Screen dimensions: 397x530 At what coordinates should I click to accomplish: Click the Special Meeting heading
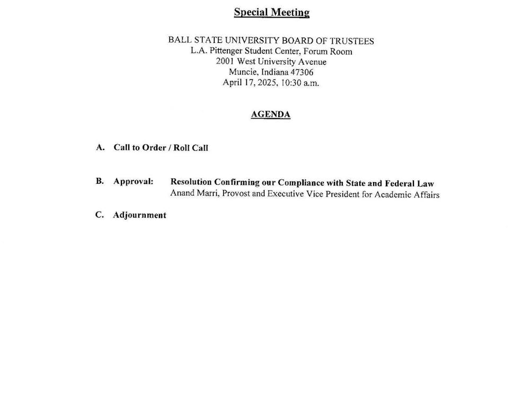click(271, 13)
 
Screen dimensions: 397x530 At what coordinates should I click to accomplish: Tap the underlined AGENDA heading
click(270, 114)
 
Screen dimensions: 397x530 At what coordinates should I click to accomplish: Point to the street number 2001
click(225, 62)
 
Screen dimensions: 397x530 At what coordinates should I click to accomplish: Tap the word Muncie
click(242, 73)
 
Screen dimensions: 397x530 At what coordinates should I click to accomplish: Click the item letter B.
click(100, 181)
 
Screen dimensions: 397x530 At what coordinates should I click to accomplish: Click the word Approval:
click(133, 181)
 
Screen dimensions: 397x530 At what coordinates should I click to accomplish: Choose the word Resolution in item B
click(191, 182)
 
